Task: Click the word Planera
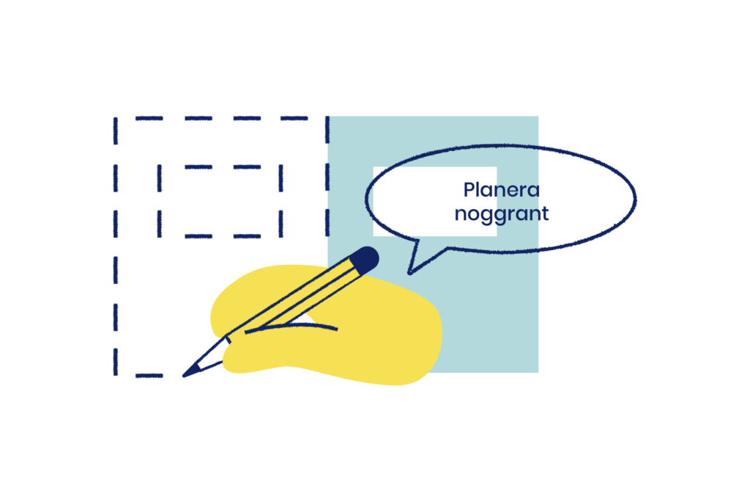[x=502, y=190]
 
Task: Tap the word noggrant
[x=502, y=214]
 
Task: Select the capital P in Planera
[x=469, y=190]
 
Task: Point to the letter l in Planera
[x=480, y=189]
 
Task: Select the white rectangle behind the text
[x=410, y=202]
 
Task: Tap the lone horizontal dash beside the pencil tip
[x=149, y=376]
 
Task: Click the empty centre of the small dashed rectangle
[x=220, y=202]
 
